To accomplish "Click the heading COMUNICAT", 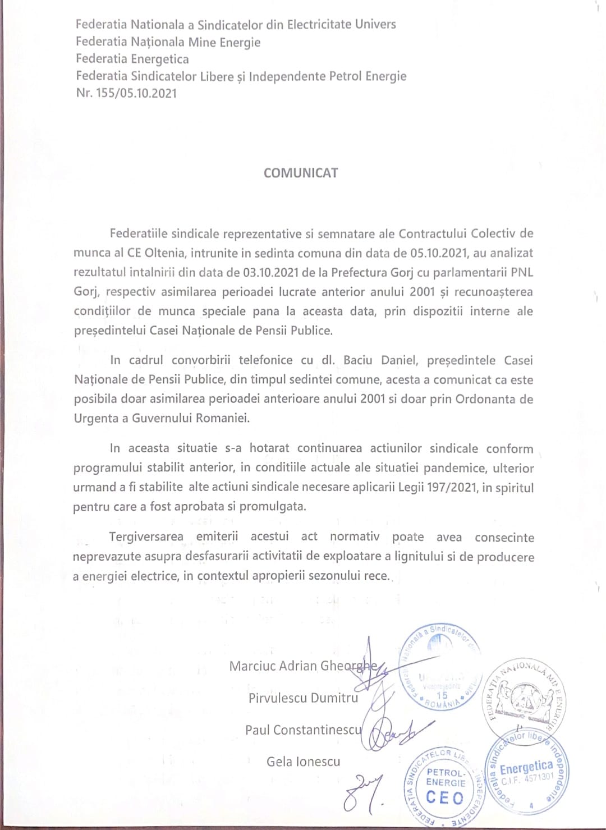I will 301,173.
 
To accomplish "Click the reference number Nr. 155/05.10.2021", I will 126,93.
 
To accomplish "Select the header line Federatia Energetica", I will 132,59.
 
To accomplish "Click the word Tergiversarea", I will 146,536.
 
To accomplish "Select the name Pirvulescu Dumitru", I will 303,698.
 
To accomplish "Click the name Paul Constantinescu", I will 304,730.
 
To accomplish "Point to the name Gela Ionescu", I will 303,762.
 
